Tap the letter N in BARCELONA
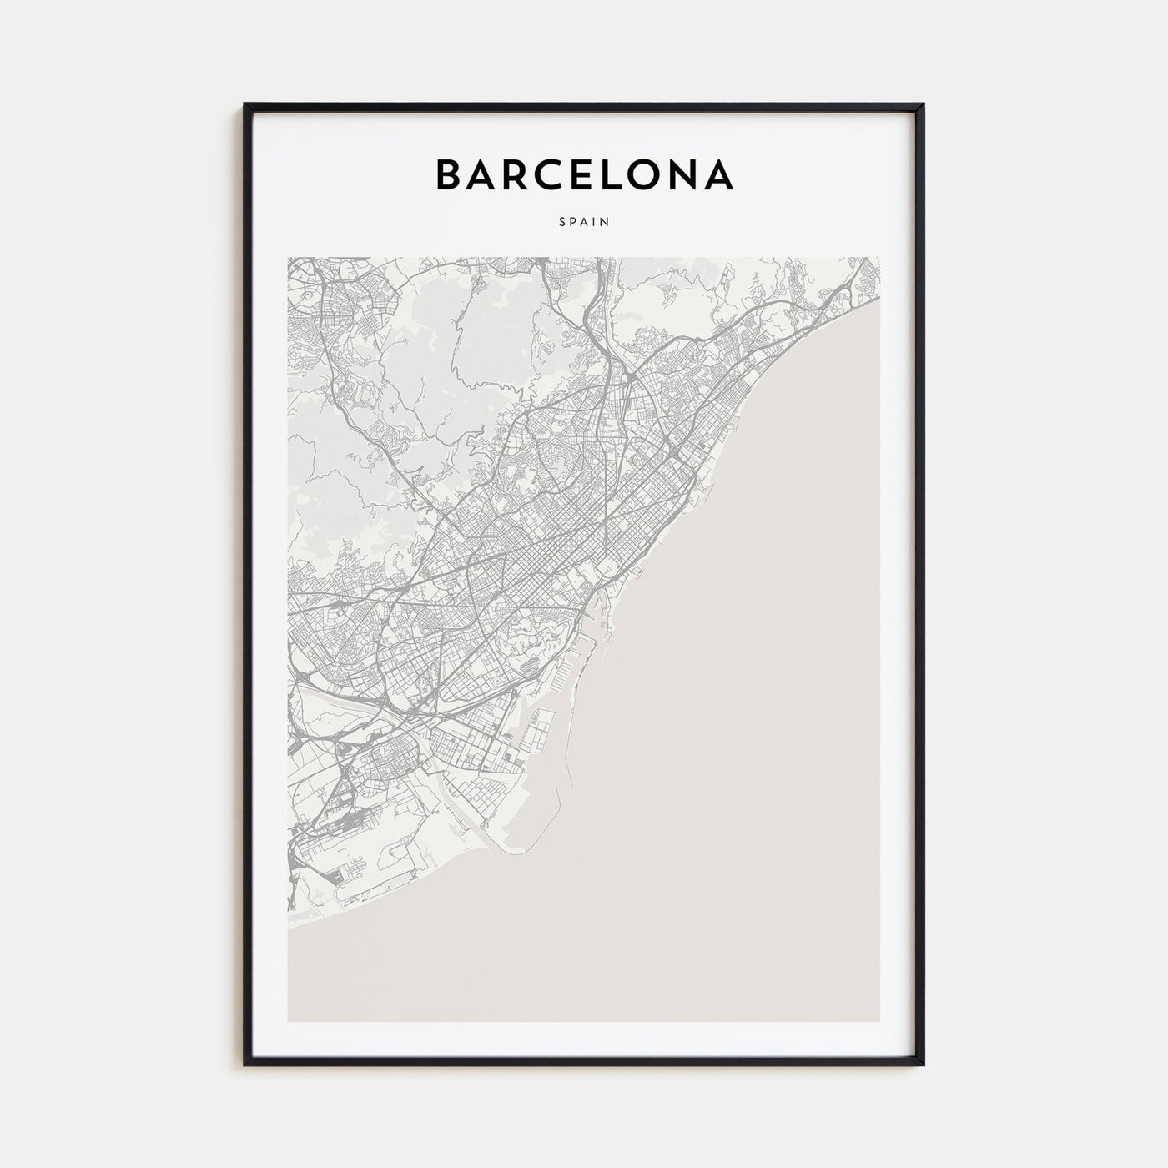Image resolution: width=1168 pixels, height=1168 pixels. point(689,174)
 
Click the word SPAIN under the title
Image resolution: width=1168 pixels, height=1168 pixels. point(585,222)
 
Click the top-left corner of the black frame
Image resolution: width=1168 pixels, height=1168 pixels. point(245,105)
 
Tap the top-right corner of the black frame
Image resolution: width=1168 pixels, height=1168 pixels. point(924,105)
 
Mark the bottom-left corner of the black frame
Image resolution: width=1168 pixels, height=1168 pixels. point(245,1065)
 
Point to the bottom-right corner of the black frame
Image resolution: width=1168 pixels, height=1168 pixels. point(924,1065)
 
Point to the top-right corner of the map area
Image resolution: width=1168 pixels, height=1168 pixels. point(881,258)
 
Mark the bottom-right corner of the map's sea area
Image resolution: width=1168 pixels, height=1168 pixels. point(881,1021)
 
